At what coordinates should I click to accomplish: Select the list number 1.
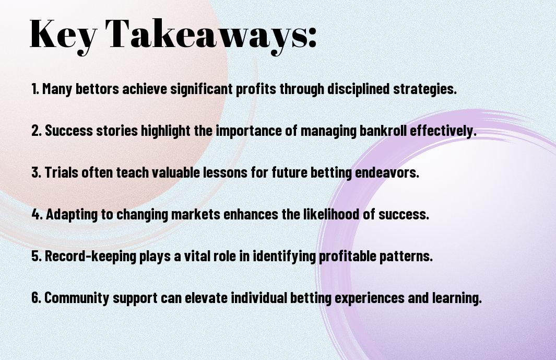click(x=35, y=89)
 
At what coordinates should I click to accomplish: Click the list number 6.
click(x=37, y=297)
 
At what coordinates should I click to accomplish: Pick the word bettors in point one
click(x=97, y=89)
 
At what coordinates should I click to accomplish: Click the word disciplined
click(x=358, y=89)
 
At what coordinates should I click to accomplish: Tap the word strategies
click(x=425, y=89)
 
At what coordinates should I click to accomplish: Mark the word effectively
click(x=443, y=131)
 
